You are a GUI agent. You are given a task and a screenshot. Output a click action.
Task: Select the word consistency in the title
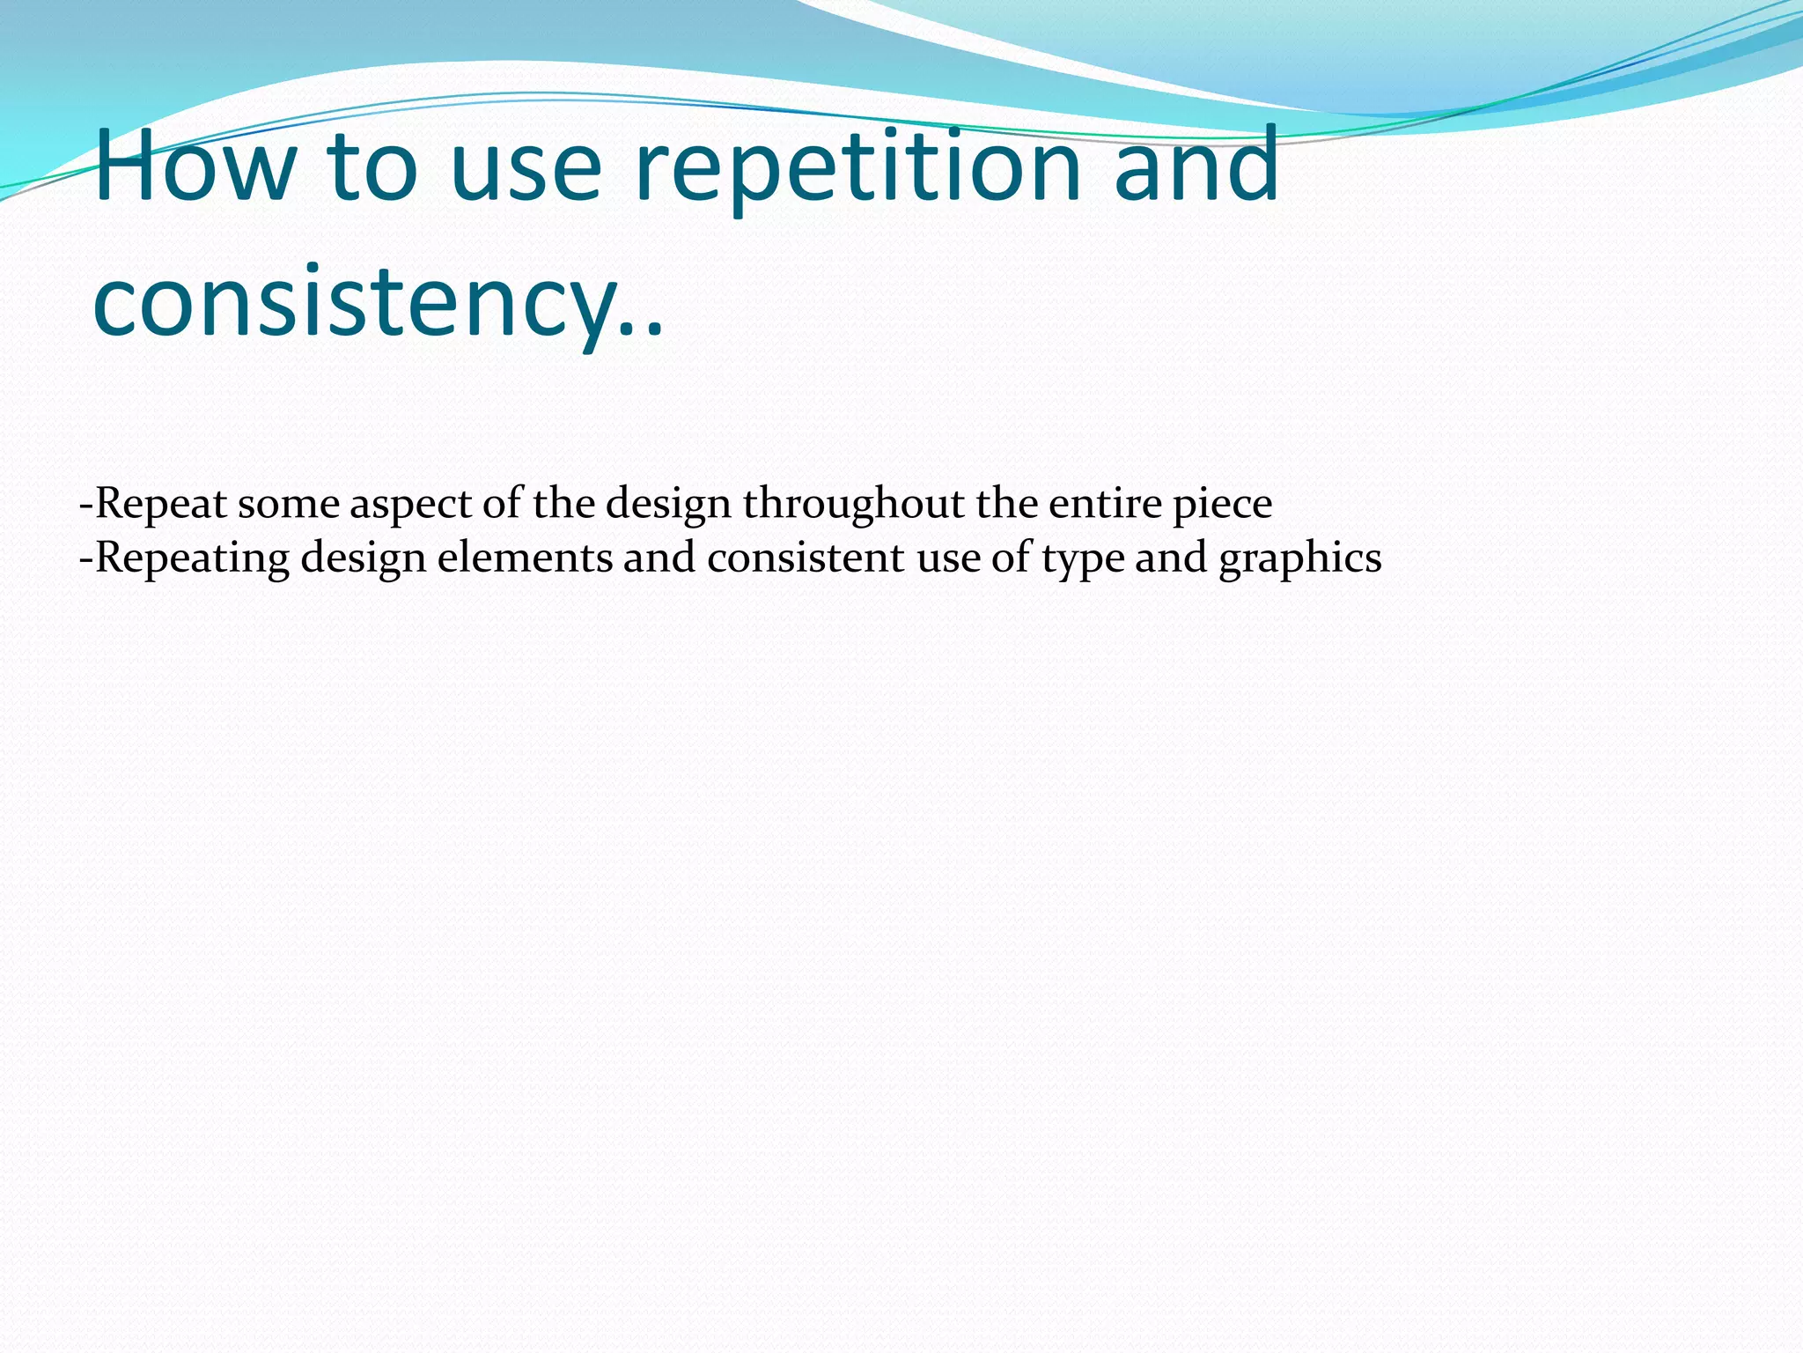click(352, 304)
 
